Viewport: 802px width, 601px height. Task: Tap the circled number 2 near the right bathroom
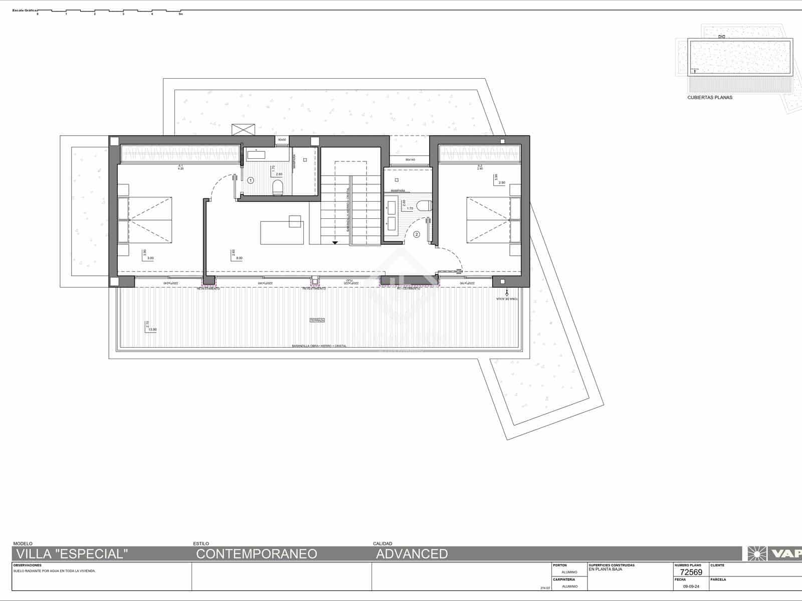point(416,234)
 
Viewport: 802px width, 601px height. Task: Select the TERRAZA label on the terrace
point(317,320)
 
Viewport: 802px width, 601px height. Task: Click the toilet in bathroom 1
point(277,187)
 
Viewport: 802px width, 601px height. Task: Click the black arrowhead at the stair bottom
point(335,242)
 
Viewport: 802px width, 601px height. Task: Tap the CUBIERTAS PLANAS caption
point(709,98)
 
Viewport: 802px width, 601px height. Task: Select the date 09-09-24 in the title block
point(691,586)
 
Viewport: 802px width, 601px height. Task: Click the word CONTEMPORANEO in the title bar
point(256,554)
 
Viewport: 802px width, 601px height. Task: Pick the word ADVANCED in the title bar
point(412,554)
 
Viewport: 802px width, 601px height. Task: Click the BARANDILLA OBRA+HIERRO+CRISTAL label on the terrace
point(319,346)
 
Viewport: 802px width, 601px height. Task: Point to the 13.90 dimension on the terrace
point(152,330)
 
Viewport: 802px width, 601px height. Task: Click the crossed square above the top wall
point(244,129)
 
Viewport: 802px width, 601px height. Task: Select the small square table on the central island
point(295,221)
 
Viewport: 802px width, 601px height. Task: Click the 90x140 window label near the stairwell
point(410,160)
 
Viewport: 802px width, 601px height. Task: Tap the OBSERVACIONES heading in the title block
point(28,565)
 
